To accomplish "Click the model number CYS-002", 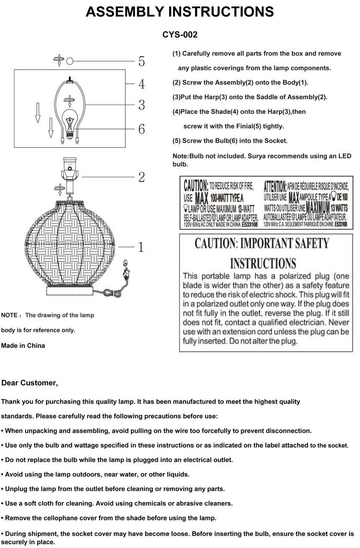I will click(180, 35).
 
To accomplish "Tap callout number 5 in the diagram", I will click(141, 61).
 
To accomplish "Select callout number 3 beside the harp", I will click(141, 105).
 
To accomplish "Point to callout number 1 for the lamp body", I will click(141, 247).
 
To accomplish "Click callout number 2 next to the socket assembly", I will click(141, 177).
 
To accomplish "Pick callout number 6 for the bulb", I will click(141, 129).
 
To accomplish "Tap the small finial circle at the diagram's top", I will click(70, 61).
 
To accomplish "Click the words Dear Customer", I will click(30, 383).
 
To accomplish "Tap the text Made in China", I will click(23, 346).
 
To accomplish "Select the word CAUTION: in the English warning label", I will click(195, 185).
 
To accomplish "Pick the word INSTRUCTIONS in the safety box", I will click(263, 264).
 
